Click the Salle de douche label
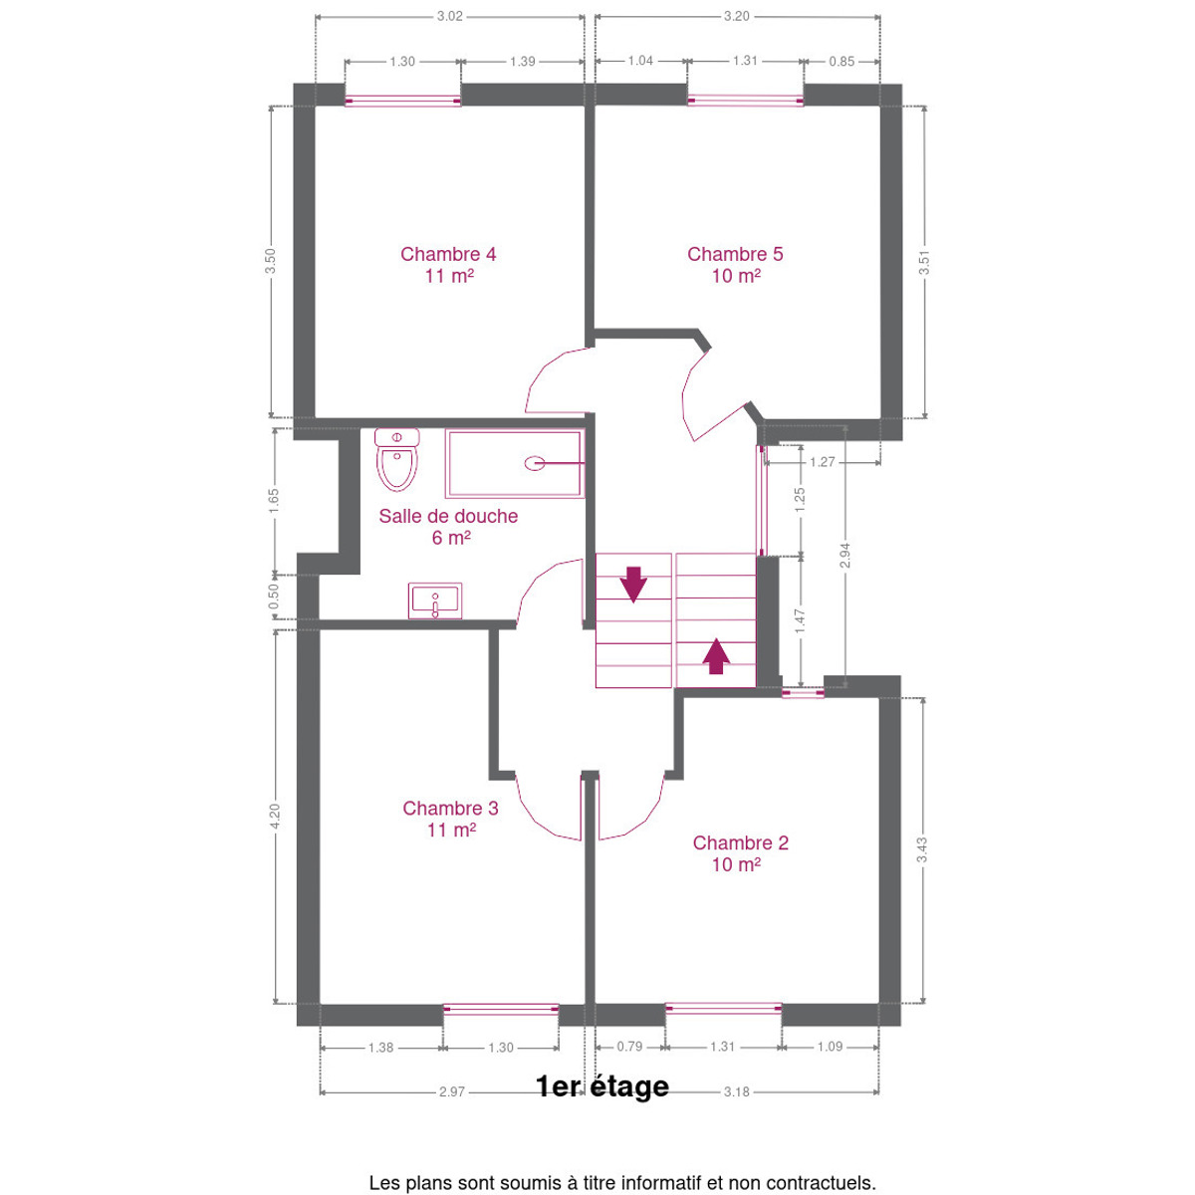[x=448, y=516]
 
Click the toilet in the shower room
[x=397, y=459]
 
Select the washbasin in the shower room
[x=435, y=600]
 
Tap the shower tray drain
[x=535, y=463]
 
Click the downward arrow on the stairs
[x=633, y=585]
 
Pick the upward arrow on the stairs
[x=716, y=655]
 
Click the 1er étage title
[x=602, y=1085]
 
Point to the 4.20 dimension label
[x=275, y=815]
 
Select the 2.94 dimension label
[x=844, y=555]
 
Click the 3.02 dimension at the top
[x=449, y=16]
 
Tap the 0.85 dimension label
[x=841, y=62]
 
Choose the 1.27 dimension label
[x=823, y=462]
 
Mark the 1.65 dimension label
[x=274, y=501]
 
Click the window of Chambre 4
[x=402, y=101]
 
